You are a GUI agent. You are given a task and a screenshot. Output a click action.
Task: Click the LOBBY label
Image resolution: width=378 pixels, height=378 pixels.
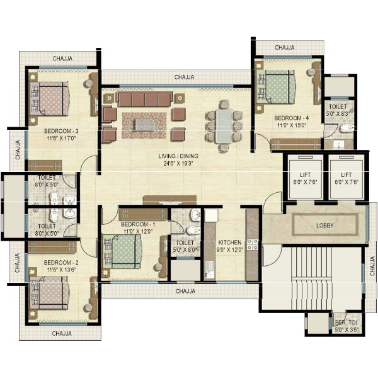(x=324, y=226)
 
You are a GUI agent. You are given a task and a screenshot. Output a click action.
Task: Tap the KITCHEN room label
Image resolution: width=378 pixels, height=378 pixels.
(x=230, y=243)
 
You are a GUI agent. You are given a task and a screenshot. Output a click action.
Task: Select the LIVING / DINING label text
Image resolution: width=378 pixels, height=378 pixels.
(x=178, y=156)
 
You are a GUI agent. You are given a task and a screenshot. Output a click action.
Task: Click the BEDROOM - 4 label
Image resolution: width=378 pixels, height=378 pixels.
(x=292, y=118)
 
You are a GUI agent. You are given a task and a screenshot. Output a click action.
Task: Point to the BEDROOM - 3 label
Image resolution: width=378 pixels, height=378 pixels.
(x=61, y=132)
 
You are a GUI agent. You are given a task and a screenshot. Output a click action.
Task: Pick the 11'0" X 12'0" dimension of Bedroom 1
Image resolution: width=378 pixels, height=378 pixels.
(x=138, y=231)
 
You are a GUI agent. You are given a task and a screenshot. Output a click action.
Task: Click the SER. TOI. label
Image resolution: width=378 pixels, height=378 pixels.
(x=346, y=323)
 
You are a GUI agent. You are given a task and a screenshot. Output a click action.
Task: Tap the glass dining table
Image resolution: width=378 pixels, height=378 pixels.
(x=224, y=126)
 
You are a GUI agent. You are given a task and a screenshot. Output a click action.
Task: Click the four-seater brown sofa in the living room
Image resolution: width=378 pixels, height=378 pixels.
(x=145, y=99)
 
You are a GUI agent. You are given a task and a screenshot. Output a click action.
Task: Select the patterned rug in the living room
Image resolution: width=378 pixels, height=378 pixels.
(x=144, y=125)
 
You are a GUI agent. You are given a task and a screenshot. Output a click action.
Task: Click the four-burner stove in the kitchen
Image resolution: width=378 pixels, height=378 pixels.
(x=253, y=244)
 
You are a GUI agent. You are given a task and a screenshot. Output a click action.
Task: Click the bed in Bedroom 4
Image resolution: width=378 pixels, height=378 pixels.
(x=275, y=87)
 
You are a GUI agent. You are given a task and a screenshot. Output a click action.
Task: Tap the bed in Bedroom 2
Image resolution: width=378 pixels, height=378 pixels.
(x=49, y=293)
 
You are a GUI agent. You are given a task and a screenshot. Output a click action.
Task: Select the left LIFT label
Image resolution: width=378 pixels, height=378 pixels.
(x=305, y=175)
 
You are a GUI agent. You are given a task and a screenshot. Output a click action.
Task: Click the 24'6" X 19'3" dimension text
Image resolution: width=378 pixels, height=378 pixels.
(x=178, y=163)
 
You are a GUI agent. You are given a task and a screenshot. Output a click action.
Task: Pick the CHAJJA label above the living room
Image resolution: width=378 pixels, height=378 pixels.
(x=184, y=77)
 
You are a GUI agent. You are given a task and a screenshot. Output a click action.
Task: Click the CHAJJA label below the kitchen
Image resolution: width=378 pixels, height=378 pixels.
(x=185, y=291)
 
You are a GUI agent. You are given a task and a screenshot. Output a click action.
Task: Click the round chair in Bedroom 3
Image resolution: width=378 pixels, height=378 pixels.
(x=88, y=83)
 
